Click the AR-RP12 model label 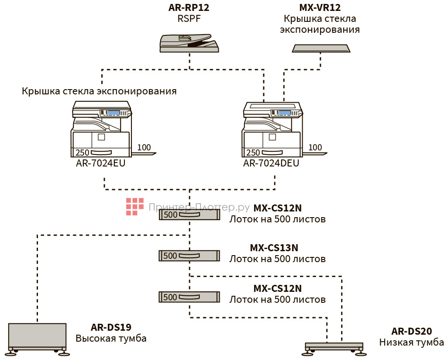pyautogui.click(x=190, y=7)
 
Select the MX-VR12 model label pyautogui.click(x=320, y=7)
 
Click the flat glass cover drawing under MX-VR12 pyautogui.click(x=321, y=48)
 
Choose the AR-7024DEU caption pyautogui.click(x=271, y=163)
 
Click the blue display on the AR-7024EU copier pyautogui.click(x=114, y=113)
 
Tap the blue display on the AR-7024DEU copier pyautogui.click(x=285, y=113)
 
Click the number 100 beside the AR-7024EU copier pyautogui.click(x=144, y=148)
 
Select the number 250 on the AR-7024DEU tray pyautogui.click(x=253, y=153)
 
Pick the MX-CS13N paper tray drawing pyautogui.click(x=189, y=256)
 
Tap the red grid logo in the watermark pyautogui.click(x=135, y=207)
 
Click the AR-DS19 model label pyautogui.click(x=111, y=327)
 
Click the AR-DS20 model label pyautogui.click(x=412, y=331)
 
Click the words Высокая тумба pyautogui.click(x=111, y=339)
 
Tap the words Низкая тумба pyautogui.click(x=412, y=343)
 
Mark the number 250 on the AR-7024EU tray pyautogui.click(x=83, y=153)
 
